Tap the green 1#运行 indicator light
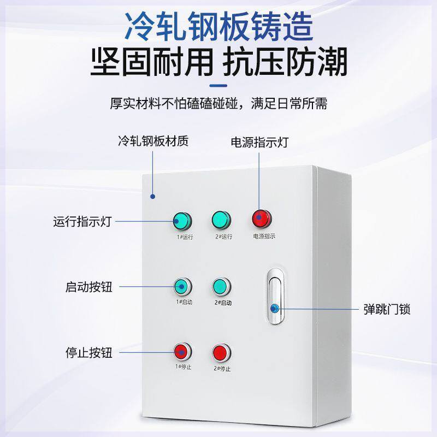coord(181,221)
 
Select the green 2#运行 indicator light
coord(221,220)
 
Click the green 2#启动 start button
coord(221,286)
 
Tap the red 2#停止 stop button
coord(221,351)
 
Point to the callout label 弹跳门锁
coord(387,310)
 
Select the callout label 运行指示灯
coord(82,222)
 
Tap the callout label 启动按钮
coord(88,287)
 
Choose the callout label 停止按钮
coord(88,352)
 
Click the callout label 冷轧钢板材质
coord(153,141)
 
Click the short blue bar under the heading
coord(218,85)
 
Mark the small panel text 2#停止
coord(222,368)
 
